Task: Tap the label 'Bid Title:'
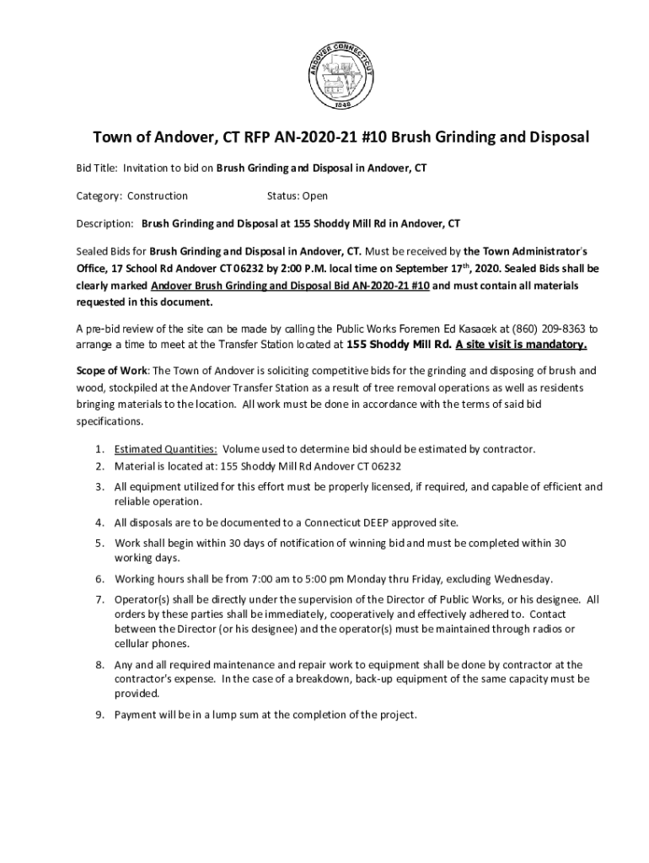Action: (92, 169)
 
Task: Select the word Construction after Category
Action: (158, 196)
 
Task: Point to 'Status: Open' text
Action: (298, 196)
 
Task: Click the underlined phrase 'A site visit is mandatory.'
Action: (521, 345)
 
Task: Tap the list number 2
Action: (99, 465)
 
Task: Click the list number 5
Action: (99, 543)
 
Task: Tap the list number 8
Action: (99, 665)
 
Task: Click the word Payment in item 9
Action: (136, 715)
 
